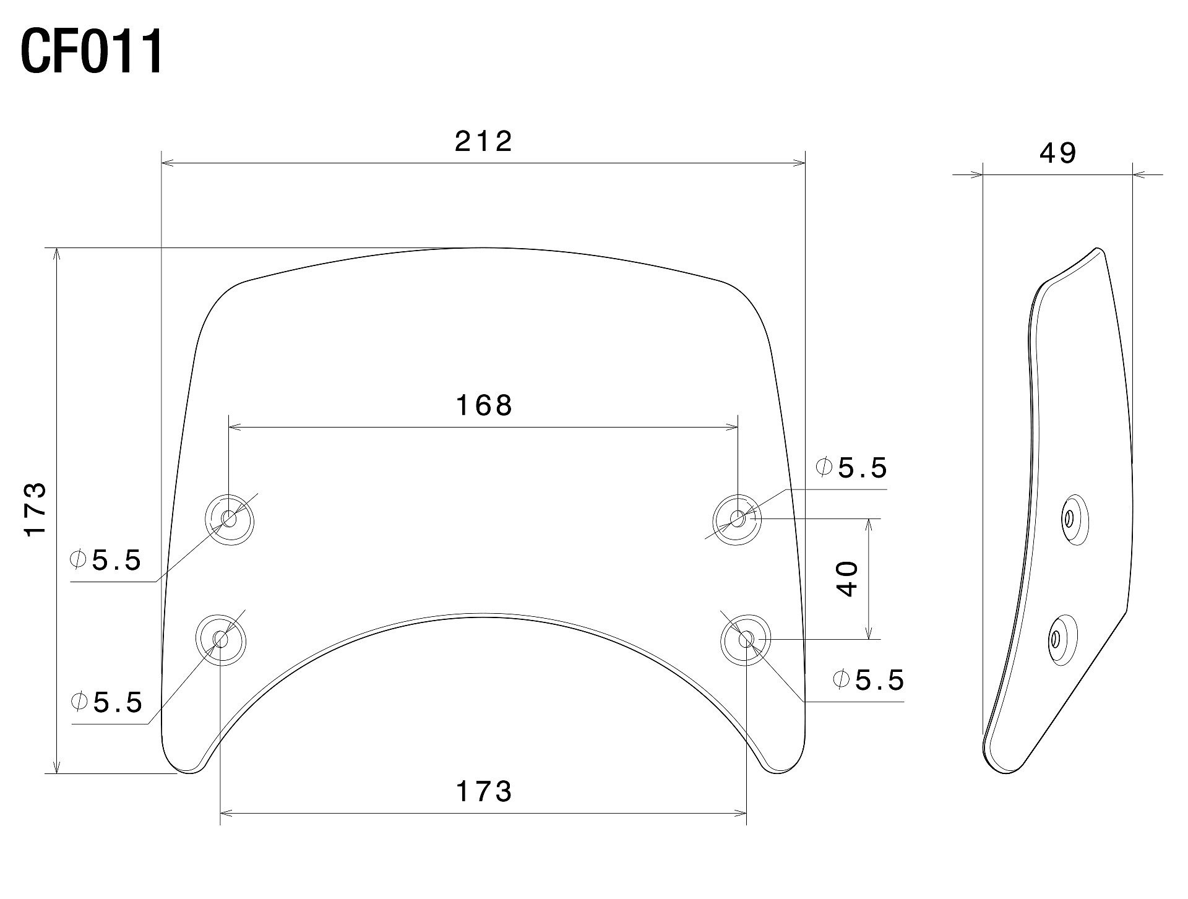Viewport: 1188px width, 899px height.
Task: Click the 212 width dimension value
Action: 484,142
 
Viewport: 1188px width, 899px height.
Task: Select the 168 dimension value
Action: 484,406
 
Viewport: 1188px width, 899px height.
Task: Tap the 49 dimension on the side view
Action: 1058,153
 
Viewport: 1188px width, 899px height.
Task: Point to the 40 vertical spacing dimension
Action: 848,579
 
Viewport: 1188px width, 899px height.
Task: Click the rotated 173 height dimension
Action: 35,509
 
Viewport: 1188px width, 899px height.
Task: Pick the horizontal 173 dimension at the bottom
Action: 484,792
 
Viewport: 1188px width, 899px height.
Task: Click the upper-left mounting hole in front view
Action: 230,519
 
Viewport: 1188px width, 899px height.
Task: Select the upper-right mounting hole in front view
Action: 738,519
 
